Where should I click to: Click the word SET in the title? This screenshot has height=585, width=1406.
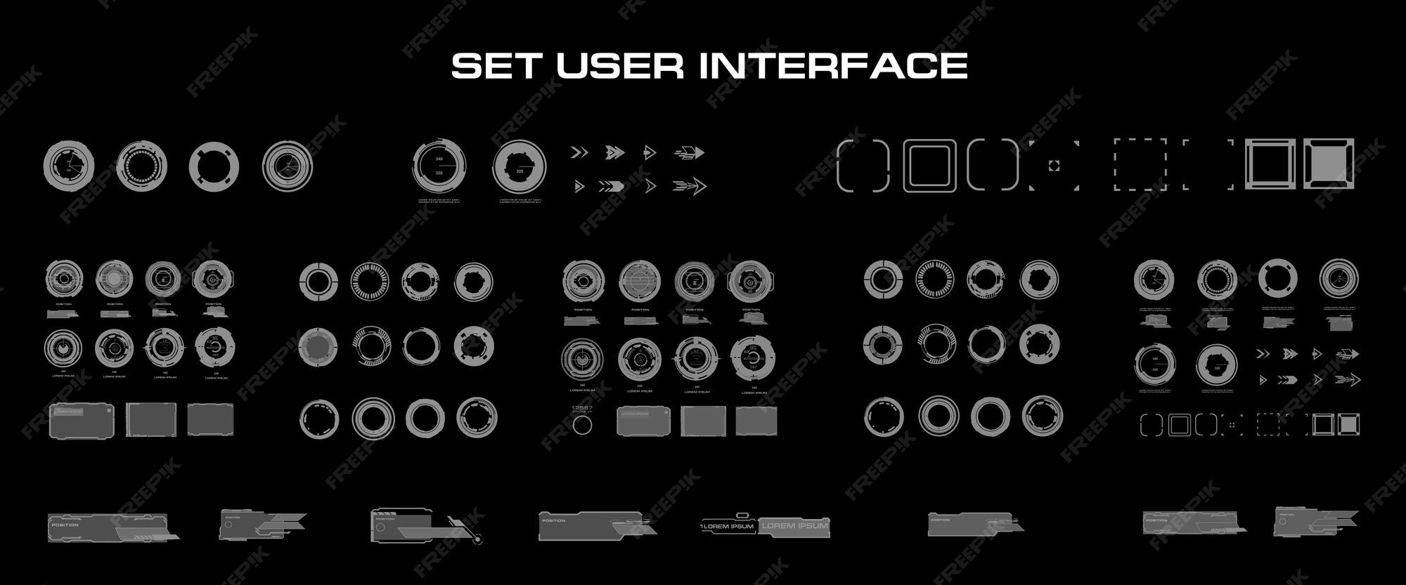coord(496,66)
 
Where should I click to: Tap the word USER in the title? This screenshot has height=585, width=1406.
coord(619,66)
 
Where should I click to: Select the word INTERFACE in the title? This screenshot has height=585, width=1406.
coord(834,66)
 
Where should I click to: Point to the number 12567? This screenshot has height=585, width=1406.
coord(582,408)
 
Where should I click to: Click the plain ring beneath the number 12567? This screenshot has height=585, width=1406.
coord(582,425)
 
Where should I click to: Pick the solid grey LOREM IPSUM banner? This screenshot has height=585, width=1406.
coord(794,526)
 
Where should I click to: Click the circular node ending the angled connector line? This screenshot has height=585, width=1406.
coord(479,540)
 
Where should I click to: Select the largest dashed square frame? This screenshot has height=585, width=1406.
coord(1140,164)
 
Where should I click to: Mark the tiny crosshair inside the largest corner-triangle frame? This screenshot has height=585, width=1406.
coord(1053,165)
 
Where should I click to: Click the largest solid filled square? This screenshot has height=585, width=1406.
coord(1329,164)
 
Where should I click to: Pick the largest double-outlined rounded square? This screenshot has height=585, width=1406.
coord(930,165)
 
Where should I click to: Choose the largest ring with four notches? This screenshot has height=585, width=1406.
coord(214,166)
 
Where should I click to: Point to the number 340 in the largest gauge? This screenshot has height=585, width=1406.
coord(439,159)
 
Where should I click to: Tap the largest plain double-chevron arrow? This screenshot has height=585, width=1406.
coord(579,152)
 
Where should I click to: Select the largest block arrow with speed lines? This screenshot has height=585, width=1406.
coord(690,152)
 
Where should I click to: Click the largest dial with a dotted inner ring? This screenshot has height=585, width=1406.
coord(142,166)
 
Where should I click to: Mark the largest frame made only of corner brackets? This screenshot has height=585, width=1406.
coord(1208,164)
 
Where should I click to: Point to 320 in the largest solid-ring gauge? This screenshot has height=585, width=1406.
coord(520,171)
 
